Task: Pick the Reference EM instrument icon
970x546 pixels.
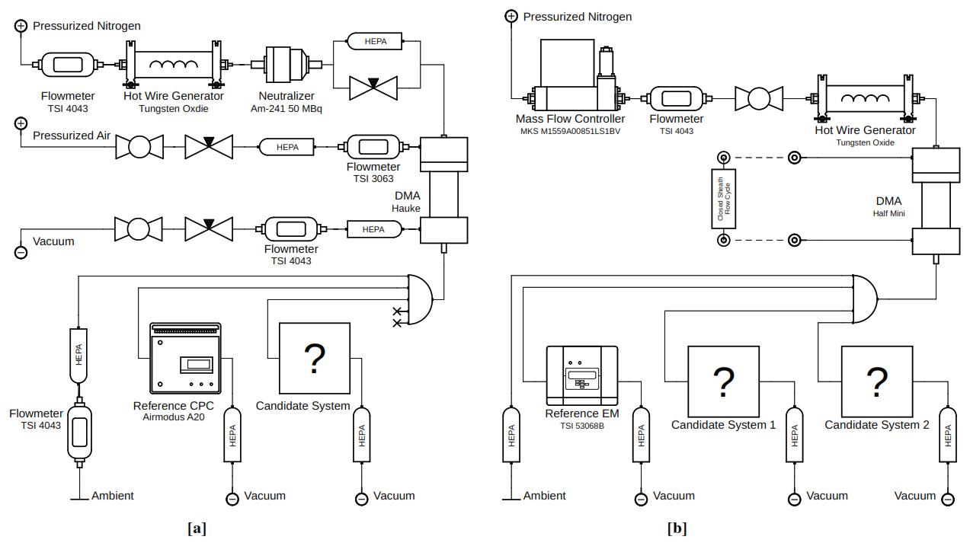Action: (582, 376)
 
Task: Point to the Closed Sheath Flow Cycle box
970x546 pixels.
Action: (723, 200)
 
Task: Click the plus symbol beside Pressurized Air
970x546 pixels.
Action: (21, 123)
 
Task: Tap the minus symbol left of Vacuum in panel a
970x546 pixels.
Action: (21, 252)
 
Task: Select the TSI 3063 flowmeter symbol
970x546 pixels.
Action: (373, 146)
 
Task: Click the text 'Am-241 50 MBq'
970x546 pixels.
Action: (287, 109)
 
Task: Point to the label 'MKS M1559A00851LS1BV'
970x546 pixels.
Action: (570, 131)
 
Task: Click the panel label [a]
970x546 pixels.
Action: (197, 528)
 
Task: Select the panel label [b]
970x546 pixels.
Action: (677, 528)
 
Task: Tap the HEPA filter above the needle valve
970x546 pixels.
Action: (373, 41)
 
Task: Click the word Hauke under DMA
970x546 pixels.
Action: (406, 209)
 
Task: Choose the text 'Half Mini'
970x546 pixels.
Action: (888, 213)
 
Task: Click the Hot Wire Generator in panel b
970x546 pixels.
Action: (865, 98)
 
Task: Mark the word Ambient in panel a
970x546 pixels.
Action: (112, 496)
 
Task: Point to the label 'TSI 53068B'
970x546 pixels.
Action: (582, 426)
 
